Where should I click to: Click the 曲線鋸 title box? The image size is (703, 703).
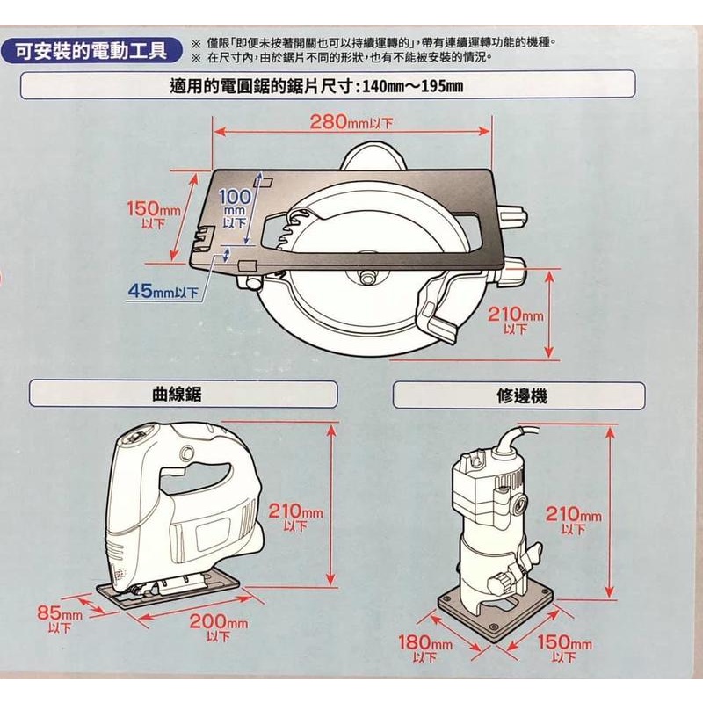click(x=183, y=394)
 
